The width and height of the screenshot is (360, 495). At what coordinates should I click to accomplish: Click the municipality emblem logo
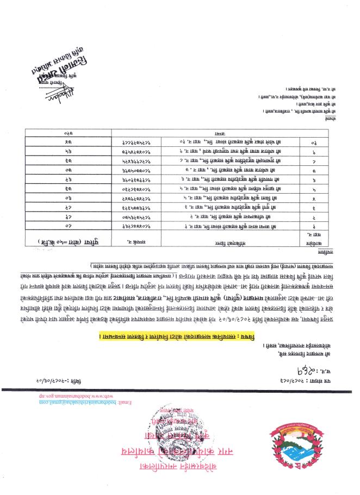point(297,442)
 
